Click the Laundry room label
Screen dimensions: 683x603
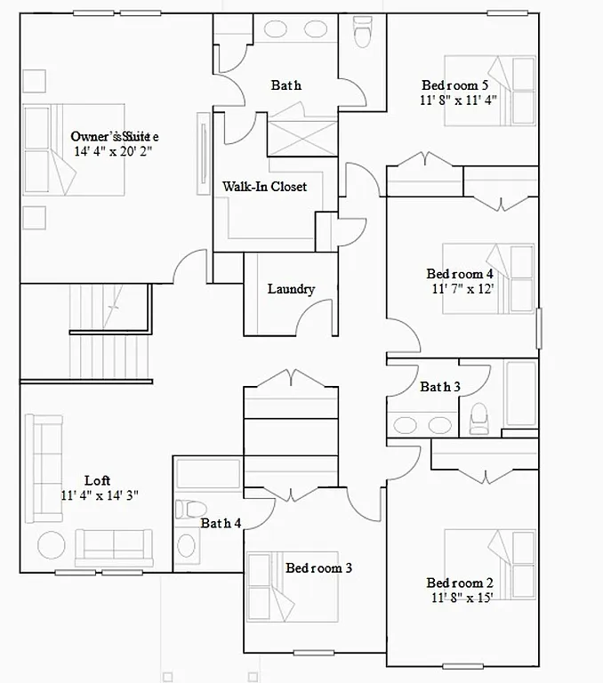point(291,289)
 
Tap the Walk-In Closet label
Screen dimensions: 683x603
point(264,187)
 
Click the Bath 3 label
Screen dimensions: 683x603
point(440,387)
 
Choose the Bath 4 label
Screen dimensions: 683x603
point(221,523)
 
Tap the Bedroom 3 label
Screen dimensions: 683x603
point(318,567)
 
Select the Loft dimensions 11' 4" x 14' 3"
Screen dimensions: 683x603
point(100,494)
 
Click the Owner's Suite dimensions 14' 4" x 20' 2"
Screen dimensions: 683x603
point(114,151)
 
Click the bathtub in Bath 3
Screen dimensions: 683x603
point(520,394)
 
